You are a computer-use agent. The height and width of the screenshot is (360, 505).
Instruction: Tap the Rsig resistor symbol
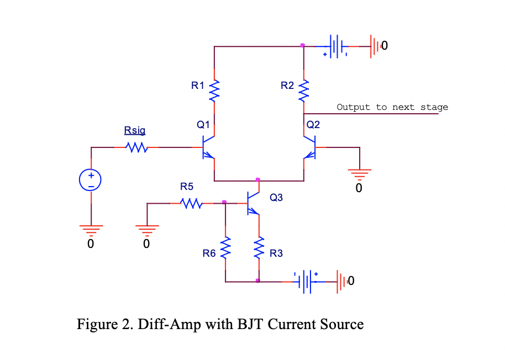(x=136, y=147)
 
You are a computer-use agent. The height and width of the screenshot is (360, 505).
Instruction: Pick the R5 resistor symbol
(x=191, y=204)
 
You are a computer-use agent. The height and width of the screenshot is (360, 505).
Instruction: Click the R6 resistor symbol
(x=225, y=248)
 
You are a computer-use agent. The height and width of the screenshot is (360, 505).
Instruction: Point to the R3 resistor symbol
(x=259, y=248)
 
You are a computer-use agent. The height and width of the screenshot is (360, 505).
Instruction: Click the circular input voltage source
(x=91, y=180)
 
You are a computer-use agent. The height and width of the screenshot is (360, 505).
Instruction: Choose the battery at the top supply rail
(x=335, y=46)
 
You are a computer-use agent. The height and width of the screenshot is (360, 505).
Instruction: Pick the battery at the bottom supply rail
(x=306, y=282)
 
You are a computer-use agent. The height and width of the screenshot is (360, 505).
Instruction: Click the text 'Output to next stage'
(x=392, y=107)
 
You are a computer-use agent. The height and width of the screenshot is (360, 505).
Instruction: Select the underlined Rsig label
(x=135, y=130)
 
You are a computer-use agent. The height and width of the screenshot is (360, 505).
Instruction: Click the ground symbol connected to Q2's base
(x=359, y=174)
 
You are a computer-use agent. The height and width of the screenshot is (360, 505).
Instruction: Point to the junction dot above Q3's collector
(x=258, y=180)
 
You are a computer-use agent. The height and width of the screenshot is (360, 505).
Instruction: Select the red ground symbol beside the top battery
(x=375, y=46)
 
